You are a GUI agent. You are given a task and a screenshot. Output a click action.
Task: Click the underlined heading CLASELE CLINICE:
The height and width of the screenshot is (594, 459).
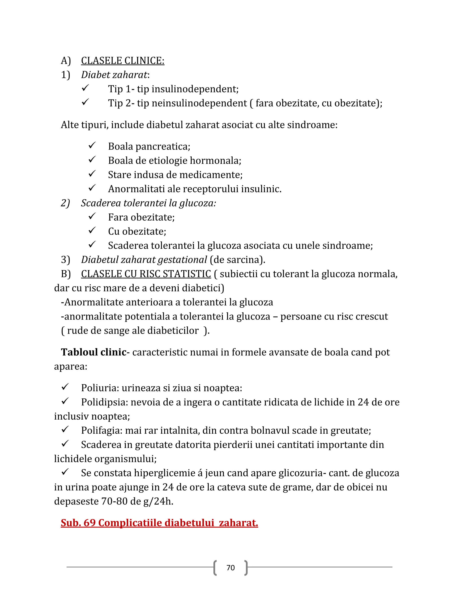123,61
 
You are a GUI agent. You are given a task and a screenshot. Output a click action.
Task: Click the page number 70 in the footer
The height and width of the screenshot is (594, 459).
230,568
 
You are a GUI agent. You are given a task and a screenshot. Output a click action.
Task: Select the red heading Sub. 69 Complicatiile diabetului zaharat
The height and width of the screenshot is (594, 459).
159,523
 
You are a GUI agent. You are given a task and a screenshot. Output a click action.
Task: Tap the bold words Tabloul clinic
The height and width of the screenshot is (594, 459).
93,352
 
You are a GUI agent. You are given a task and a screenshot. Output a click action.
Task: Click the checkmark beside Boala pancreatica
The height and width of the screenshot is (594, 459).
92,145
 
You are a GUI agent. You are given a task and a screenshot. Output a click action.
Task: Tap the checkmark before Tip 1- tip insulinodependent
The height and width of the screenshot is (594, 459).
85,88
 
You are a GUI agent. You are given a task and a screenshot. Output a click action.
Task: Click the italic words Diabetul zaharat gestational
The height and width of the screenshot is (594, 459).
144,260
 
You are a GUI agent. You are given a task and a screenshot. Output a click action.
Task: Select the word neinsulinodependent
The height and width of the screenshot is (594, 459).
199,103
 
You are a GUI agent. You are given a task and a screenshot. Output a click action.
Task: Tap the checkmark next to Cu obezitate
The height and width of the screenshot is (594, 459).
92,230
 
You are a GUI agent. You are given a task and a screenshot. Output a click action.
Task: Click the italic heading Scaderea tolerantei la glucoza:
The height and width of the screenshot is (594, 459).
148,203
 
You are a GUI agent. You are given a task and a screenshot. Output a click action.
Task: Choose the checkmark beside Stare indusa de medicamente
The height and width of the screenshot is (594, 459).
92,174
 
